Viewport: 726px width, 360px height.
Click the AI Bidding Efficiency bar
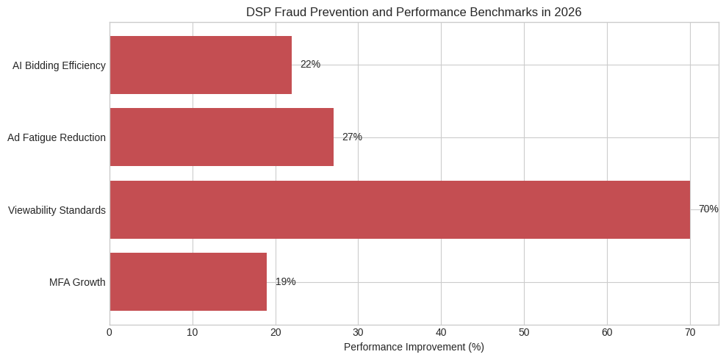(201, 65)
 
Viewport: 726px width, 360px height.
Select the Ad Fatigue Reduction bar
(221, 137)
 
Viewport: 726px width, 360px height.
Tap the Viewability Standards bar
(400, 209)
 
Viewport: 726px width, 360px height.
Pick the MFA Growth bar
(188, 282)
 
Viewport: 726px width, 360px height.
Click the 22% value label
(310, 65)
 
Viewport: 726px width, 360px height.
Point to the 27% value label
(352, 137)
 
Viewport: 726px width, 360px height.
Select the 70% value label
(708, 209)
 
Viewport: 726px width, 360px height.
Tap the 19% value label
(285, 282)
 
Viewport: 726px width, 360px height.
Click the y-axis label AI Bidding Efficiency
(59, 65)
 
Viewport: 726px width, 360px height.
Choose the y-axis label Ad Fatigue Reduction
(57, 138)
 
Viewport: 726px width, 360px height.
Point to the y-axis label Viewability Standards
(57, 211)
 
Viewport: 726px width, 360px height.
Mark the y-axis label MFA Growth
(77, 283)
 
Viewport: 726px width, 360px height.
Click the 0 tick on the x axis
(109, 333)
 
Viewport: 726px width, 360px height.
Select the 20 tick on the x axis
(276, 333)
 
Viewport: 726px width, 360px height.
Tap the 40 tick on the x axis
(441, 333)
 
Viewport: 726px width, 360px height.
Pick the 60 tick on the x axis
(607, 333)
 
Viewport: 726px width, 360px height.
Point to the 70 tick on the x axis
(690, 333)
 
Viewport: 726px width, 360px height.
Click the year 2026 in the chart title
(567, 12)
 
